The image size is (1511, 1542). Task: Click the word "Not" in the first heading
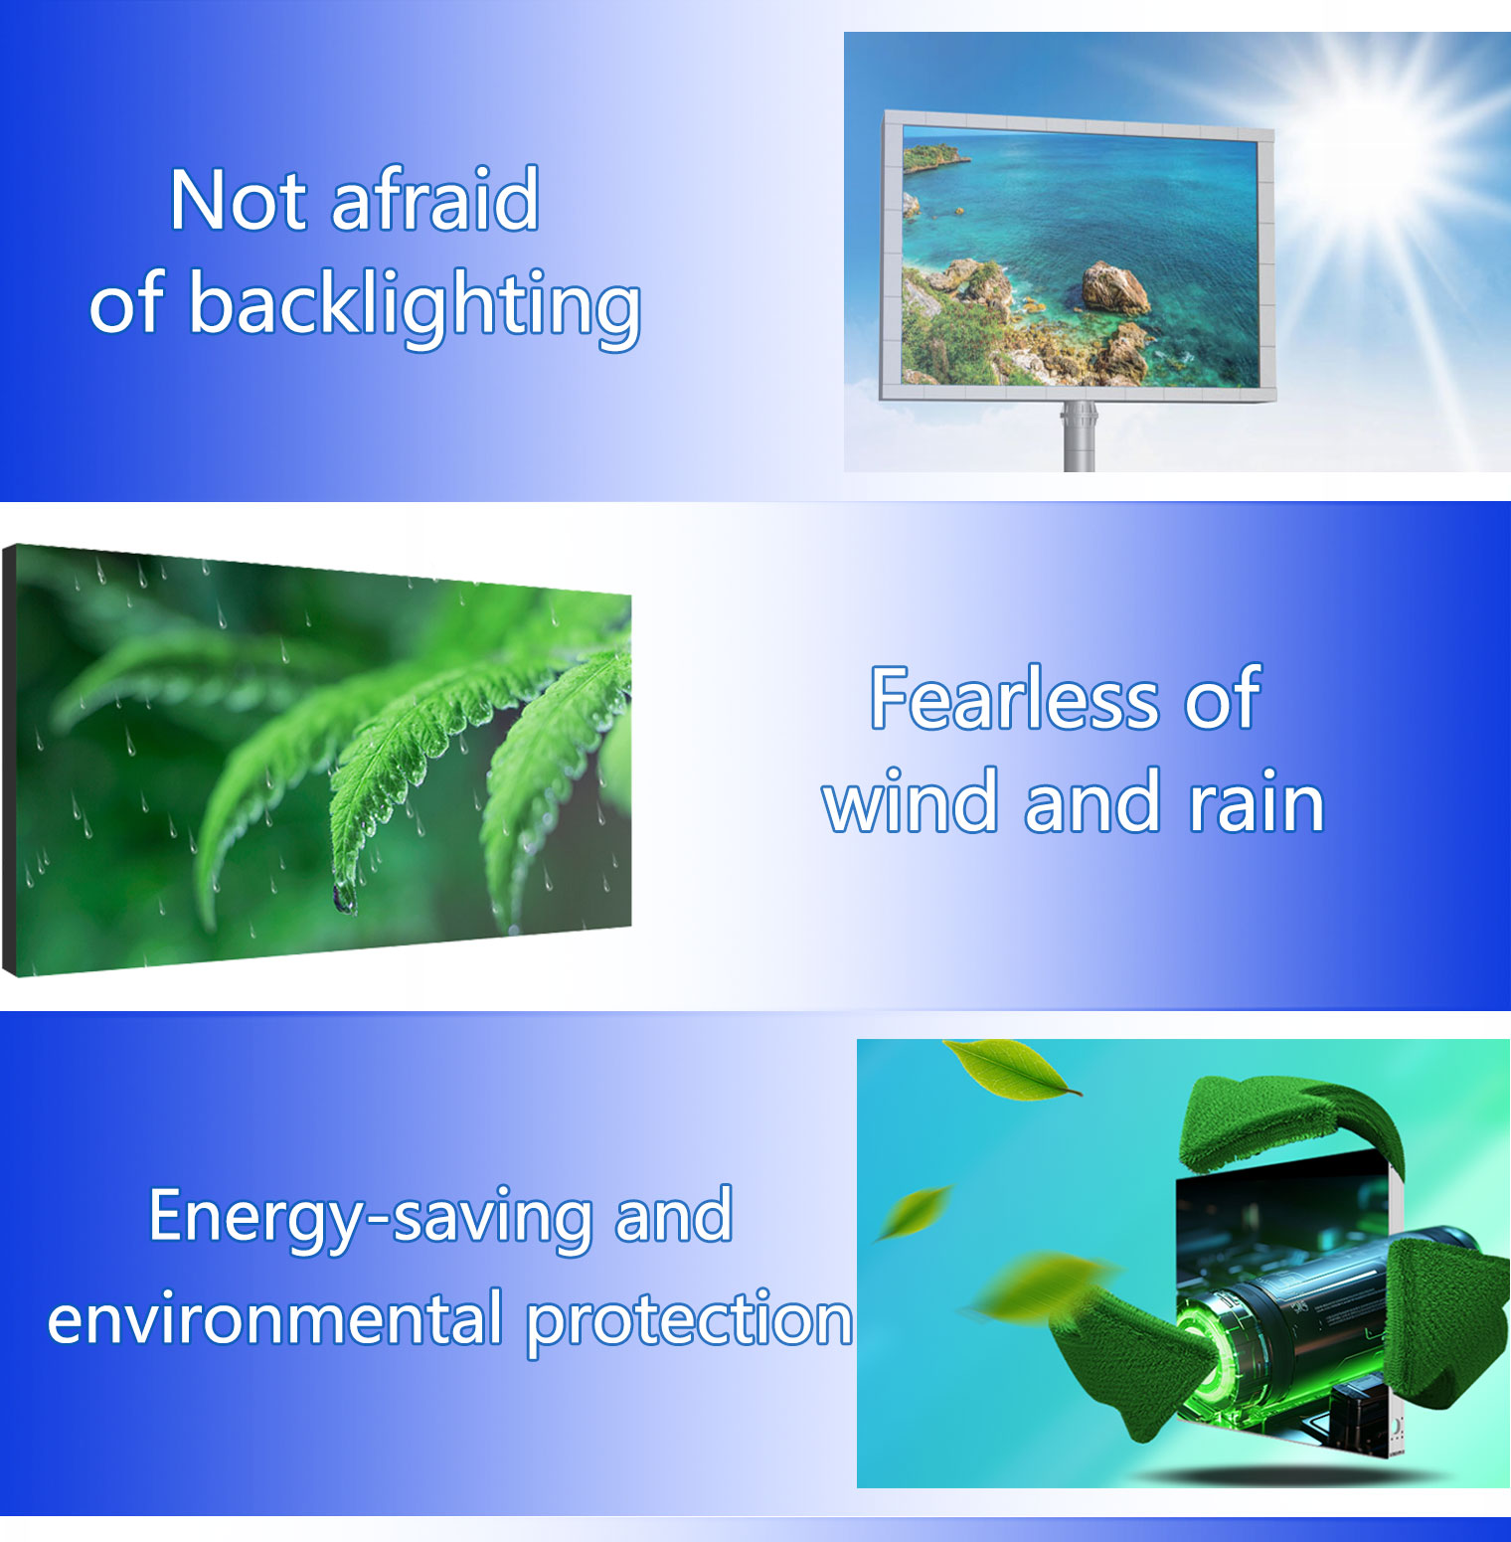(x=239, y=201)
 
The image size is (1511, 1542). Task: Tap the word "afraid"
(x=435, y=201)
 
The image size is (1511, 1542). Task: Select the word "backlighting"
(x=415, y=305)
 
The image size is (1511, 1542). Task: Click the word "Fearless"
(x=1014, y=699)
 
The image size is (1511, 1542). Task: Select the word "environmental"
(x=275, y=1320)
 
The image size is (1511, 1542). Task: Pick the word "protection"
(x=689, y=1322)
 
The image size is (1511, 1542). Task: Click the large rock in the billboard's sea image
(x=1114, y=288)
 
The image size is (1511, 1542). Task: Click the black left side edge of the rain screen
(x=9, y=761)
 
